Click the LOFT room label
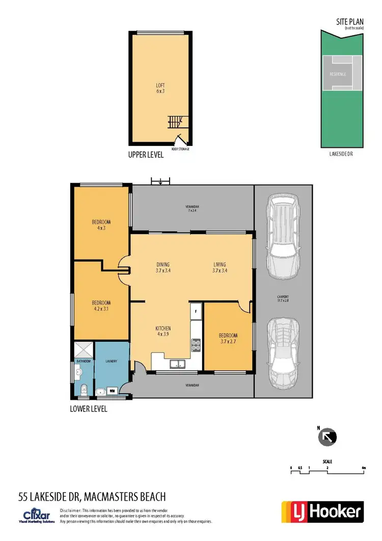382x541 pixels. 160,88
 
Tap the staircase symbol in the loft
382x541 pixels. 175,122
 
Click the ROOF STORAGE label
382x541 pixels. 180,149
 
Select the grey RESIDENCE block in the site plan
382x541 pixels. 337,74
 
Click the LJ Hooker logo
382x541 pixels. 322,511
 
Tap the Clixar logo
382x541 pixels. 36,513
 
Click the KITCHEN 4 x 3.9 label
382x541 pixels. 163,331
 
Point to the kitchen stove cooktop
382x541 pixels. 195,346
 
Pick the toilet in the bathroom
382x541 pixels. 84,391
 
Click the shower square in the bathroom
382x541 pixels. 84,350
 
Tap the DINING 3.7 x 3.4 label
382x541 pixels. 163,268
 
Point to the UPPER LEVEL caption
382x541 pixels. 146,155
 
